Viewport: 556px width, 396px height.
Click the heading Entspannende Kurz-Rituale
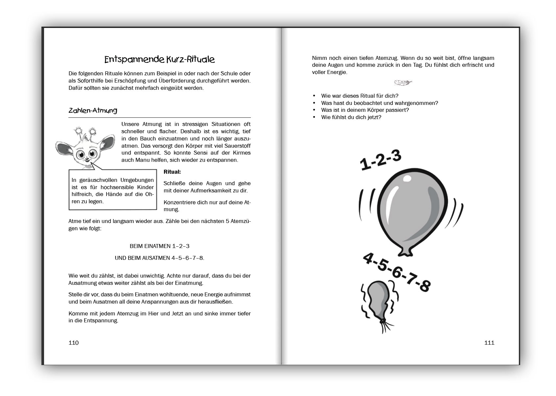[x=159, y=60]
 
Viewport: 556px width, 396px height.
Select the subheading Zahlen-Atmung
[x=93, y=111]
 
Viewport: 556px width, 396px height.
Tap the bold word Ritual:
[x=172, y=172]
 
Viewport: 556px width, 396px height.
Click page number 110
[x=74, y=343]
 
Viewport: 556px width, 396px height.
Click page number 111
[x=489, y=343]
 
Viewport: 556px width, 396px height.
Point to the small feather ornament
[x=403, y=83]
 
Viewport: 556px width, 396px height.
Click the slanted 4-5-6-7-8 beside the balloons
[x=397, y=272]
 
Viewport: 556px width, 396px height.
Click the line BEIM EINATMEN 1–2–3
[x=159, y=246]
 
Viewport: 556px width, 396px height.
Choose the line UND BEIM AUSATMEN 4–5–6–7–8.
[x=159, y=258]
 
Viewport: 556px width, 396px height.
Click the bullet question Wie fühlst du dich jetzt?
[x=351, y=117]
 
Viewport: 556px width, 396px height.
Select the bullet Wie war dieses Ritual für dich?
[x=360, y=96]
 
